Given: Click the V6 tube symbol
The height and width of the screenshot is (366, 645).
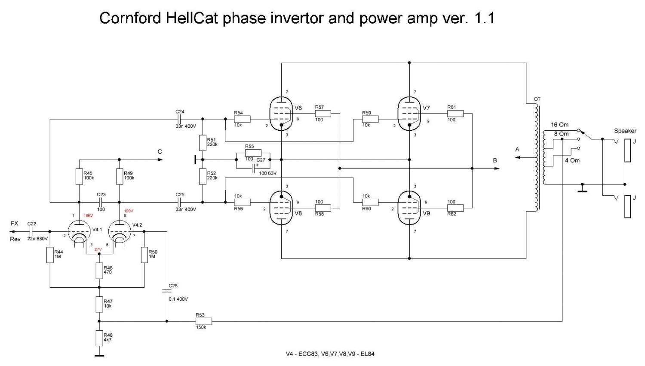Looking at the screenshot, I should (x=281, y=114).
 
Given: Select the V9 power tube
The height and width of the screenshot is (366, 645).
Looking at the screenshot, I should (x=409, y=208).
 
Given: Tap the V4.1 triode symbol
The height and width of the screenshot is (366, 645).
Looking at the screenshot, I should (x=80, y=232).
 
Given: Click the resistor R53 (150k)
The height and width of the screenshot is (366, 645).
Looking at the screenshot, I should (x=203, y=321).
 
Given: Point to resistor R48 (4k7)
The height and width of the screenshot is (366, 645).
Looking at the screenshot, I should (x=99, y=338).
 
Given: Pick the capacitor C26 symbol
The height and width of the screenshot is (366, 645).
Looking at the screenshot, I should (x=167, y=291).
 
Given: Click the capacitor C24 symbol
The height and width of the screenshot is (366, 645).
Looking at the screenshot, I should (x=180, y=119).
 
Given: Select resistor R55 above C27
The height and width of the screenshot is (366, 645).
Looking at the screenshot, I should (x=253, y=153).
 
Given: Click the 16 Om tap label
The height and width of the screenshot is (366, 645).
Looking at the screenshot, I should (x=560, y=125).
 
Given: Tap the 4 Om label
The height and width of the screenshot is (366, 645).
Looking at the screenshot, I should (x=572, y=160).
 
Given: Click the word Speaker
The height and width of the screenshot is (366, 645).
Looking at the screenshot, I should (x=625, y=131).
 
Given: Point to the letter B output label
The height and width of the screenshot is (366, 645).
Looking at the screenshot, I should (x=495, y=160).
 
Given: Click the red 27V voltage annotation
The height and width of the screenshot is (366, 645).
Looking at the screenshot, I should (x=98, y=249).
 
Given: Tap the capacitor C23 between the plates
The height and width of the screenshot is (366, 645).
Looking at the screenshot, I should (x=101, y=202).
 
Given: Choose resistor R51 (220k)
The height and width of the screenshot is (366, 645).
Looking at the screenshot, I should (x=203, y=142).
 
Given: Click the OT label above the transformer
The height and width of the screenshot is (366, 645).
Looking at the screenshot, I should (x=537, y=99).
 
